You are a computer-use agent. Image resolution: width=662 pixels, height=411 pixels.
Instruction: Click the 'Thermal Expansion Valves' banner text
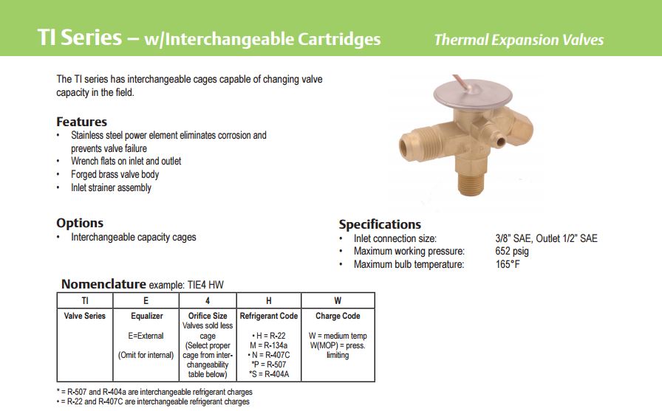519,40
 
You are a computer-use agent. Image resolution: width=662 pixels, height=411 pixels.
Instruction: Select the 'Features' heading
81,122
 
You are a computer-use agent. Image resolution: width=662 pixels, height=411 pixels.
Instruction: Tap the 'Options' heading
80,223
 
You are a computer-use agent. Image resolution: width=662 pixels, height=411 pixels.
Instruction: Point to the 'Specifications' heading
380,224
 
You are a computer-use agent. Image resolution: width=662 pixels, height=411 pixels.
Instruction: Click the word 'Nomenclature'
104,284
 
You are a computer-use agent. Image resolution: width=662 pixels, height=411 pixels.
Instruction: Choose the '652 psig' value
512,251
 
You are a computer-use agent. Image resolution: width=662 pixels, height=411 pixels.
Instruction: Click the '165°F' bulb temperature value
508,264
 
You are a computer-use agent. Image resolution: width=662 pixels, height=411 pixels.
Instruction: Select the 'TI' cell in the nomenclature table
85,300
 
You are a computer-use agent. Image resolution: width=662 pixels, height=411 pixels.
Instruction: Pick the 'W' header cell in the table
338,300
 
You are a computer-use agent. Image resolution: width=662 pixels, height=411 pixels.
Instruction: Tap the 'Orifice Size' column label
208,316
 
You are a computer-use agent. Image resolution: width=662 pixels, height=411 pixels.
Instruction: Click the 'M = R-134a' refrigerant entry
268,345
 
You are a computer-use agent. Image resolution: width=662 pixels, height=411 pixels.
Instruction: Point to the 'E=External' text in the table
146,336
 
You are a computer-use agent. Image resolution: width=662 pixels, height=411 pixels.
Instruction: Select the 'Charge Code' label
338,316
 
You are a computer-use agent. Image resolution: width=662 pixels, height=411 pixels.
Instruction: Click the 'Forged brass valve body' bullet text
115,174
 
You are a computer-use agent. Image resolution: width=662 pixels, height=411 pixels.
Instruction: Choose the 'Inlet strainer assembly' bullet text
111,187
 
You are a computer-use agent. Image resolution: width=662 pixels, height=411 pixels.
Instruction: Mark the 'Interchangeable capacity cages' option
134,238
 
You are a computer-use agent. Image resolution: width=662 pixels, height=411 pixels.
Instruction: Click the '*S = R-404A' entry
269,374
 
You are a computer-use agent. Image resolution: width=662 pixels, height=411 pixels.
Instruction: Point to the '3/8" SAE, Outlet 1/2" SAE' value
546,238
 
